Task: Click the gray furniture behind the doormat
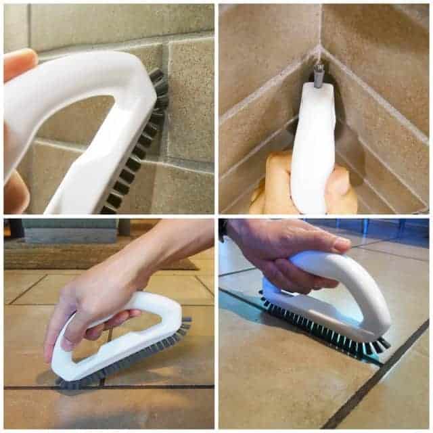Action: pyautogui.click(x=61, y=230)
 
